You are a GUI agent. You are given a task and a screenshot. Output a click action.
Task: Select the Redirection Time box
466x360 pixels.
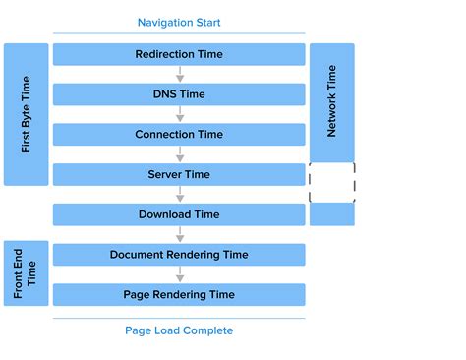[x=179, y=54]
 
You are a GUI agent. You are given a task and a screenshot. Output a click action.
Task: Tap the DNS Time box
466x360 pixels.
[x=179, y=94]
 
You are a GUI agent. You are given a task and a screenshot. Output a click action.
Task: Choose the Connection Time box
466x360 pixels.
[x=179, y=135]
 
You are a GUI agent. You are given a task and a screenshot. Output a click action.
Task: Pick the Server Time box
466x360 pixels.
[x=179, y=174]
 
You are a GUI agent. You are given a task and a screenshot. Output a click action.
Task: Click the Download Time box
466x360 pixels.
[x=179, y=214]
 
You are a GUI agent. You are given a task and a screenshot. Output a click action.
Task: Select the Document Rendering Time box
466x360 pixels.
[x=179, y=255]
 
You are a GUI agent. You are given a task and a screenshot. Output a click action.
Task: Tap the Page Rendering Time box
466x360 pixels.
[x=179, y=294]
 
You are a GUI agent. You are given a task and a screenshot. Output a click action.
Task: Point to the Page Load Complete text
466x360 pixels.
[x=179, y=330]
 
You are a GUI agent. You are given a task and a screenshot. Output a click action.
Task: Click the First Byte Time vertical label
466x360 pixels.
[x=27, y=114]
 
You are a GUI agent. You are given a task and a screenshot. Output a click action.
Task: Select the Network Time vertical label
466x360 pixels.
[x=331, y=101]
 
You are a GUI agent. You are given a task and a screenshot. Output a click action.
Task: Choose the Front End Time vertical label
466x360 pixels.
[x=27, y=272]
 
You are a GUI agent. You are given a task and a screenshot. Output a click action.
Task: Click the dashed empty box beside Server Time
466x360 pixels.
[x=331, y=183]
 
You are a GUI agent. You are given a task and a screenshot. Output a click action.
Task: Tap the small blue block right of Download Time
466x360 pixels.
[x=331, y=214]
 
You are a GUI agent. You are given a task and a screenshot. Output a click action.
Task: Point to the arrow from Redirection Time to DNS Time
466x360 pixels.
[x=179, y=75]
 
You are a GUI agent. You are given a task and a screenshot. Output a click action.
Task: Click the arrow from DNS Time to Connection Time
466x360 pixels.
[x=179, y=115]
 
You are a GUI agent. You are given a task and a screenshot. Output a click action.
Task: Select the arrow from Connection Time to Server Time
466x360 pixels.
[x=179, y=154]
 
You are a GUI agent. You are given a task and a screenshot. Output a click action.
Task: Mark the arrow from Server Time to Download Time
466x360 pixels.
[x=179, y=195]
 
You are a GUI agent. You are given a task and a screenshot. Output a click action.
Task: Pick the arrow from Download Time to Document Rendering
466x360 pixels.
[x=179, y=235]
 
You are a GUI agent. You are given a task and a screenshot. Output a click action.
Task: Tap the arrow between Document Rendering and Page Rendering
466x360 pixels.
[x=179, y=274]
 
